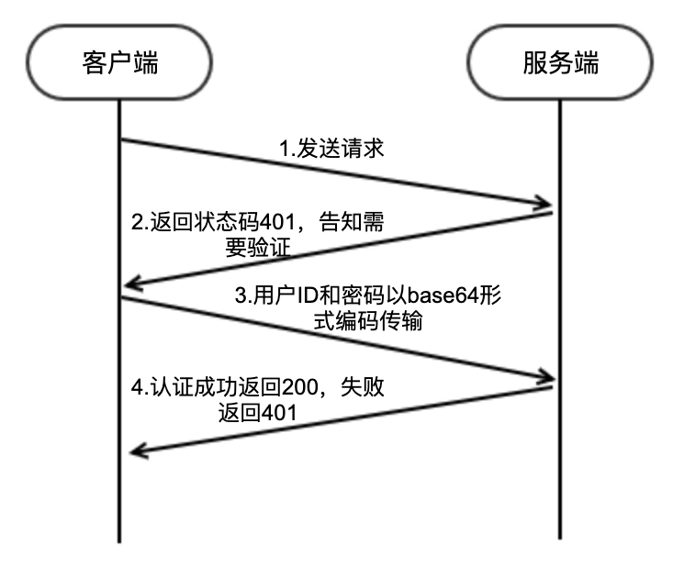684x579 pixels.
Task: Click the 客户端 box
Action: pos(120,65)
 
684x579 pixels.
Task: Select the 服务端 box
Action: pos(560,65)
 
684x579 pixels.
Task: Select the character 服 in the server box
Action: pos(535,65)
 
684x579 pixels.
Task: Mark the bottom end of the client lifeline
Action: pos(120,540)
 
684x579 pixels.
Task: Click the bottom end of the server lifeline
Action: pos(560,537)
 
